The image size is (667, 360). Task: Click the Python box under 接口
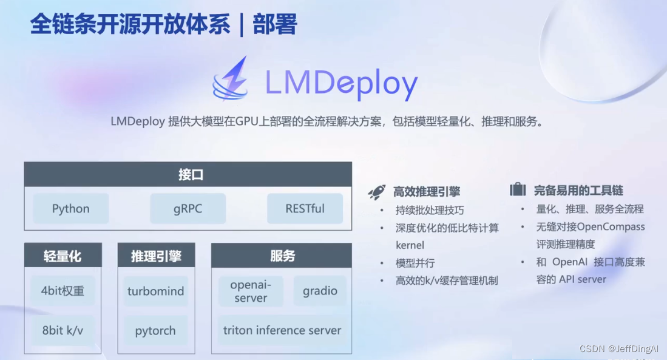71,209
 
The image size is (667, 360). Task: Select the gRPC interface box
188,209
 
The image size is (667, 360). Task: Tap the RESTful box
305,209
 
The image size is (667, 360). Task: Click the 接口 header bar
188,175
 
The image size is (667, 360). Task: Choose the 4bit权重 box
63,291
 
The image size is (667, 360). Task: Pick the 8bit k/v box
63,331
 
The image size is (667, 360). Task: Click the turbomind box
156,291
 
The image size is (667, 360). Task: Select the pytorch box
156,331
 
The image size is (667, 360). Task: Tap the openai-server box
250,291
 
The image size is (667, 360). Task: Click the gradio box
320,291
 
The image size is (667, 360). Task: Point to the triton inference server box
282,331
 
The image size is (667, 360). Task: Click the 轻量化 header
63,256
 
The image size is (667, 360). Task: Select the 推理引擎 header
156,256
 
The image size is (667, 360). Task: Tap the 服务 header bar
282,256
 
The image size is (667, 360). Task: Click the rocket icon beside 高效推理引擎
377,192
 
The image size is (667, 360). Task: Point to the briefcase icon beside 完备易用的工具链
518,190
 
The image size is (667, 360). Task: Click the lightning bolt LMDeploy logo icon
231,78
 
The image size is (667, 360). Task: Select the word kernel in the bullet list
410,245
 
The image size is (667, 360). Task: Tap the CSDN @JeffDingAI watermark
619,349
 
